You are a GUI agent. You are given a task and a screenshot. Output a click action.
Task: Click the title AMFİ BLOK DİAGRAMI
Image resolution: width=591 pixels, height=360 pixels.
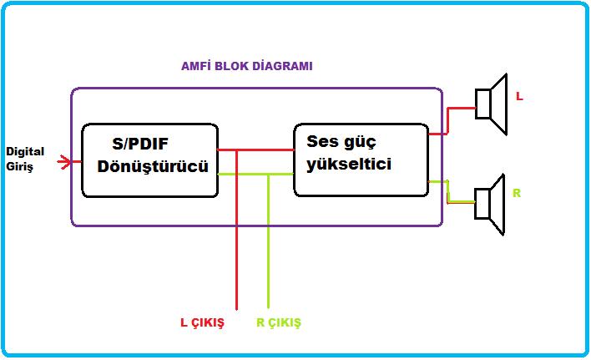247,66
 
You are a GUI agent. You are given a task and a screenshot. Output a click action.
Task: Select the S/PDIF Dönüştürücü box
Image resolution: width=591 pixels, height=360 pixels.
149,160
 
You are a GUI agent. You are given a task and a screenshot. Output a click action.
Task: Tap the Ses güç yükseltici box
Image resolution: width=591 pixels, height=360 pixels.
360,159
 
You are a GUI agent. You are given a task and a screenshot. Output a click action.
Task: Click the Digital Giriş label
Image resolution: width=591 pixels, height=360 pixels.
25,159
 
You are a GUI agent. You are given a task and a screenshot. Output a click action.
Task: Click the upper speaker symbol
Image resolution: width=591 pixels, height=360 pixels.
492,104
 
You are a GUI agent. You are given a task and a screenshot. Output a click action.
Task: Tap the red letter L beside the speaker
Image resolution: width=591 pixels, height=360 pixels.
519,97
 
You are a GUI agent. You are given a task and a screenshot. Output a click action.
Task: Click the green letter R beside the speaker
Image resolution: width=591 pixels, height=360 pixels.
517,193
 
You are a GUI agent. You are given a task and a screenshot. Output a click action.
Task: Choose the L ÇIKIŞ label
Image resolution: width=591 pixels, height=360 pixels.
203,323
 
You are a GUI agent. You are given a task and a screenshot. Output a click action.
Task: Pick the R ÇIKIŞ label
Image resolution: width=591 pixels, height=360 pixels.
278,322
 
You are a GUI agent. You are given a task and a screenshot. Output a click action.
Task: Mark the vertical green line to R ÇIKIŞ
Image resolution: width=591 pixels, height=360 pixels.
268,251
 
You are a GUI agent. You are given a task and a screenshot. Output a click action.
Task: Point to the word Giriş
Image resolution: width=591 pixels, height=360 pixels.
20,165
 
